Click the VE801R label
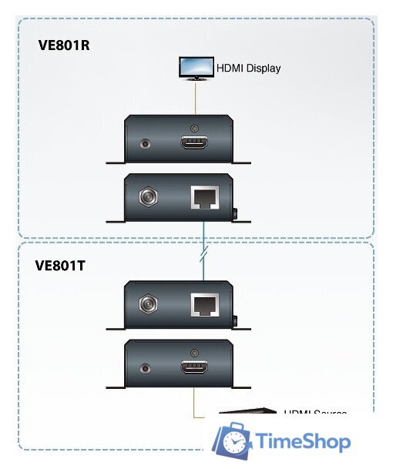pyautogui.click(x=64, y=45)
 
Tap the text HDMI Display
pyautogui.click(x=248, y=68)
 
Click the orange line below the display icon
pyautogui.click(x=195, y=95)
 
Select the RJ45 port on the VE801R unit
pyautogui.click(x=204, y=197)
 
